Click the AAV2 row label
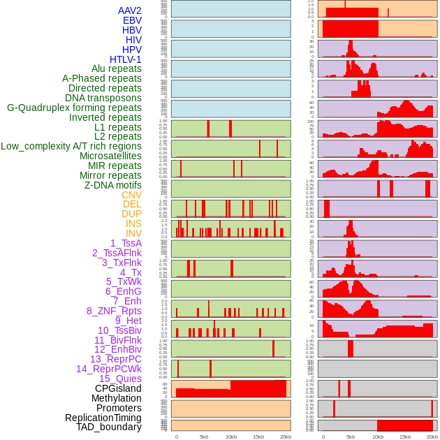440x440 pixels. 130,10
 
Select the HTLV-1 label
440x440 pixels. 125,59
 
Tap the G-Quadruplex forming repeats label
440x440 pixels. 74,108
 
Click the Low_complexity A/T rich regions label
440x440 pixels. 71,146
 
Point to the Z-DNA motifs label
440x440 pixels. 113,185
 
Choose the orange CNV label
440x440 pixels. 131,195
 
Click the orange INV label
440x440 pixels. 133,233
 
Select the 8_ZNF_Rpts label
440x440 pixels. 114,311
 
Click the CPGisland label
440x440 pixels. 118,388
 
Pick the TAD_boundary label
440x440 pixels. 108,427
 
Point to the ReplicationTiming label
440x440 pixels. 103,418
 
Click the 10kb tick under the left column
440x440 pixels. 231,437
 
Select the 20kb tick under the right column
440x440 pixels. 432,437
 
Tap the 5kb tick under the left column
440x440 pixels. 204,437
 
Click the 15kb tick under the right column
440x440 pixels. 405,437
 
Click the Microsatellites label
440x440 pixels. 110,156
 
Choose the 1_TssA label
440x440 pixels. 126,243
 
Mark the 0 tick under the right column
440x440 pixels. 323,437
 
